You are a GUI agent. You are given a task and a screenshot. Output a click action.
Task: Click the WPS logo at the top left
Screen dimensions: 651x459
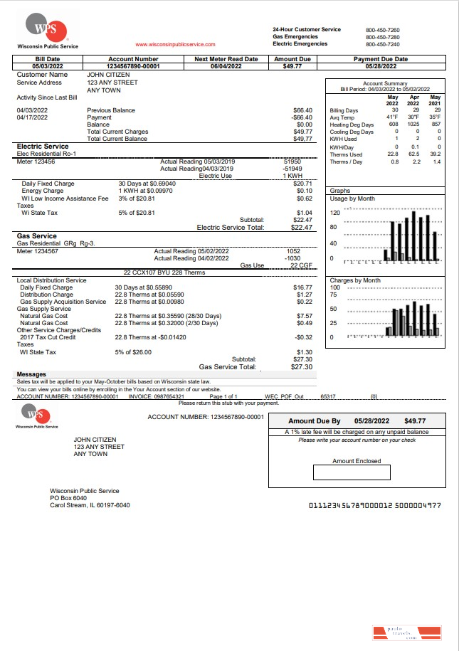tap(48, 29)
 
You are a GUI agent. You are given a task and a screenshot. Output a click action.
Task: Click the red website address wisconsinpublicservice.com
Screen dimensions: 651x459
tap(174, 44)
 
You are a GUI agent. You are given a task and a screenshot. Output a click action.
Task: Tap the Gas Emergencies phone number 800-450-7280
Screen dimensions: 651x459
tap(382, 37)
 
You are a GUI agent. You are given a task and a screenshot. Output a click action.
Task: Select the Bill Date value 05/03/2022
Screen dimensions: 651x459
tap(47, 66)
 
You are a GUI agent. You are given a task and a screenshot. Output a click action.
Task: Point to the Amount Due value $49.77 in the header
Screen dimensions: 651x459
tap(292, 66)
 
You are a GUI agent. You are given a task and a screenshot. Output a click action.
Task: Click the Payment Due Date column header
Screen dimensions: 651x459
tap(381, 59)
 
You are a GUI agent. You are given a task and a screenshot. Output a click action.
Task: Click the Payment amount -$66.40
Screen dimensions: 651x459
tap(302, 117)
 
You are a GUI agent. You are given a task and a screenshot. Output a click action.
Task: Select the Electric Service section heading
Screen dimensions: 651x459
tap(43, 147)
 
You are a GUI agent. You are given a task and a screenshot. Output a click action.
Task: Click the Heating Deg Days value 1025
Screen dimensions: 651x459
tap(413, 125)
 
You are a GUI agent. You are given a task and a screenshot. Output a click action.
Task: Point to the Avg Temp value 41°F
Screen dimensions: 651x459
tap(392, 117)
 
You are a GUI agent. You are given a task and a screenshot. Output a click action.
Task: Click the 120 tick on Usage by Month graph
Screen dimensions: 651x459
tap(334, 213)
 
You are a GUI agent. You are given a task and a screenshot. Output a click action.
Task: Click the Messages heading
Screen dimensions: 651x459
tap(31, 374)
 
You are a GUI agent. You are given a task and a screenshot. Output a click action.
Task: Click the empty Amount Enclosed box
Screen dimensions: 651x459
tap(352, 472)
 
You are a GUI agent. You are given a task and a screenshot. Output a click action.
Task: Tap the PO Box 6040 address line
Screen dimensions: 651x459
tap(68, 498)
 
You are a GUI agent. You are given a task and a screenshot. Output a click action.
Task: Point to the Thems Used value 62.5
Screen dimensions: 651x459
tap(413, 154)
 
